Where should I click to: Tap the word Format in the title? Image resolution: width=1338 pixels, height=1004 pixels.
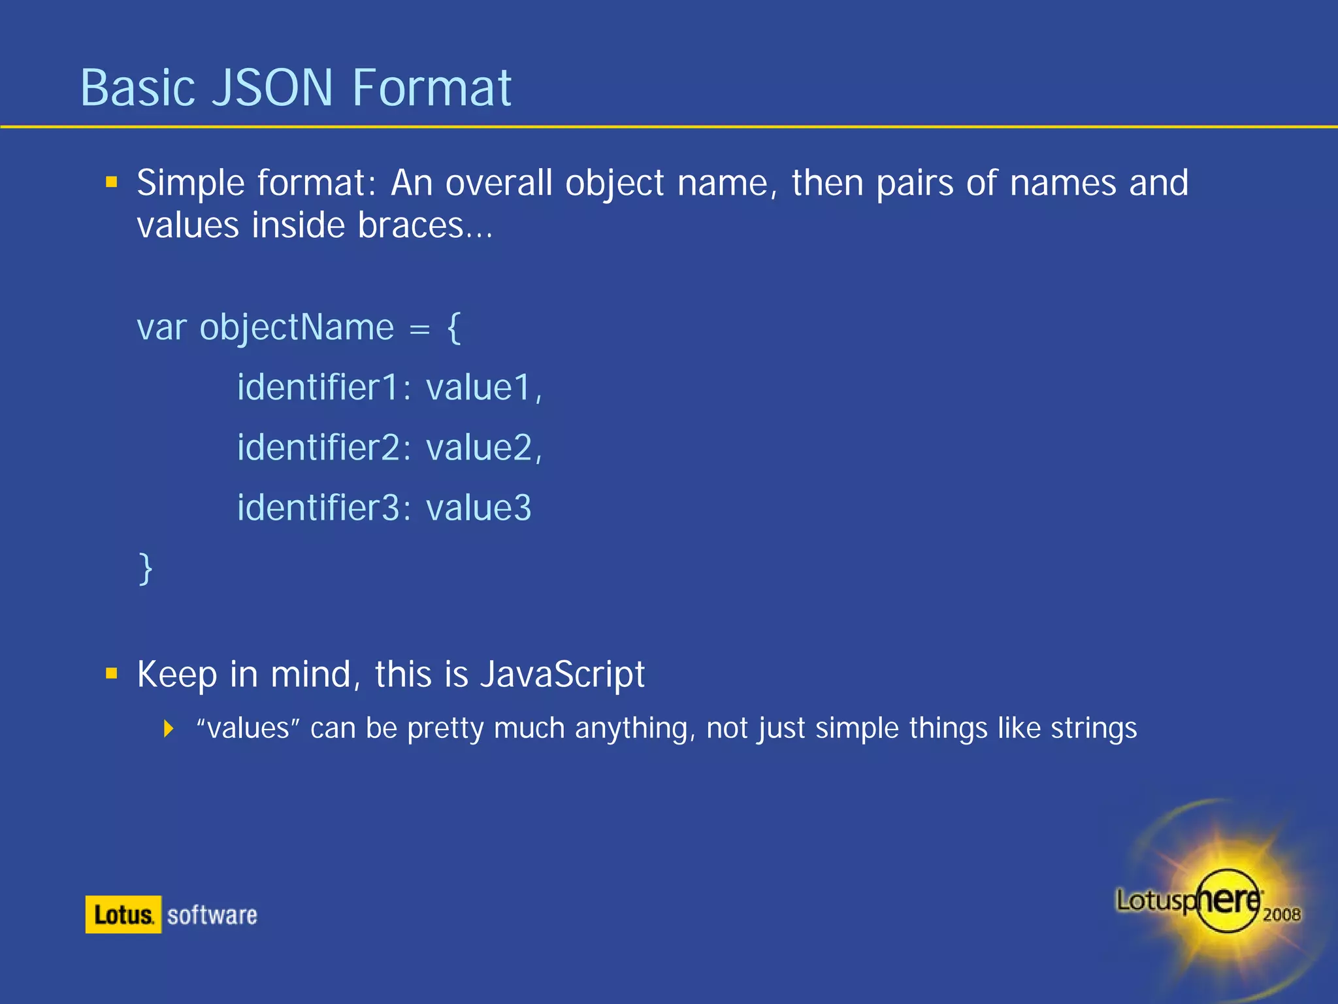[431, 88]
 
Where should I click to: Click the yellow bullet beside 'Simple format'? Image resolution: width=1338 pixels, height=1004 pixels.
[112, 182]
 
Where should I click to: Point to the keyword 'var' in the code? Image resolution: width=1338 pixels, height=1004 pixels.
[161, 327]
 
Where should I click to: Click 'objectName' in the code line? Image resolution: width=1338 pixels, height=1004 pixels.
[297, 327]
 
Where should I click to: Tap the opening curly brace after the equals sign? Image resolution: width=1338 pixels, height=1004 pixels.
[454, 327]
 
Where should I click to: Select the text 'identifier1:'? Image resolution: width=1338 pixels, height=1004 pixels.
[324, 387]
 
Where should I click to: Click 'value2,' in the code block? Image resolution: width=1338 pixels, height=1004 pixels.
[484, 448]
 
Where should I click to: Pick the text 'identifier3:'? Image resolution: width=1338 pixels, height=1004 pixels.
[324, 508]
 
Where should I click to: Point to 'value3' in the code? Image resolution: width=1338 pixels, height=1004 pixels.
[479, 508]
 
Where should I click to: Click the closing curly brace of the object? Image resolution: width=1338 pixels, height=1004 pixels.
[146, 568]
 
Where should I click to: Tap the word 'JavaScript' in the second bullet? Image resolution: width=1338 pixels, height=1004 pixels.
[563, 674]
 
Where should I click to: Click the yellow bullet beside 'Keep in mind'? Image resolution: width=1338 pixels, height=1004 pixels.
[112, 673]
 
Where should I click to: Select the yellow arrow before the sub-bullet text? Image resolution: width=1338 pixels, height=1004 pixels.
[169, 728]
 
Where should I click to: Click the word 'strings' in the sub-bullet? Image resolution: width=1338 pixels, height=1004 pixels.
[1094, 728]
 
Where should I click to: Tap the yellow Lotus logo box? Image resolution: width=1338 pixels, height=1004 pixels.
[123, 914]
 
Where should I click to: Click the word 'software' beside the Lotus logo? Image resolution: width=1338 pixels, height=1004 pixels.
[212, 915]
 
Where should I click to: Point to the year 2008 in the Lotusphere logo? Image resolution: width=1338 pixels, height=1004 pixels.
[1281, 914]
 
